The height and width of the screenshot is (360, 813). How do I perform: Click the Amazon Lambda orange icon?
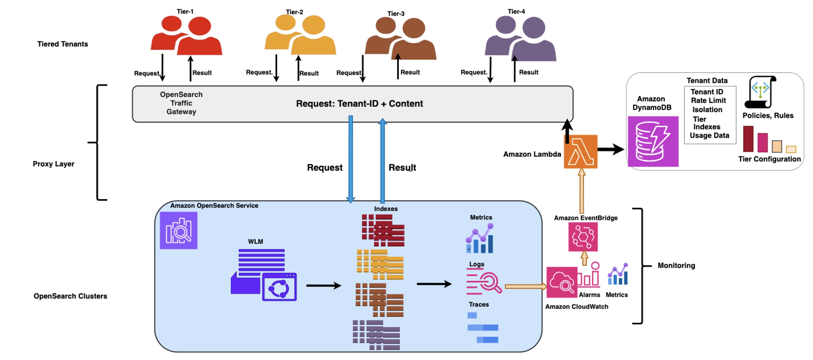[580, 152]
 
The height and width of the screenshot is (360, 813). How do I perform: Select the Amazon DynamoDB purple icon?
[653, 141]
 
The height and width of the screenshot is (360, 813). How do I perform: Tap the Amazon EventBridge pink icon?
[583, 237]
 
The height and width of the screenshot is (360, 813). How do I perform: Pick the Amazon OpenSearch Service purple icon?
[178, 230]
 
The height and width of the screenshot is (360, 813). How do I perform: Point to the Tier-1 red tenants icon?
[186, 36]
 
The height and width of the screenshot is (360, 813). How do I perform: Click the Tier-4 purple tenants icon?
[520, 39]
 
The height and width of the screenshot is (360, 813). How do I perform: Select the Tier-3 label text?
[396, 13]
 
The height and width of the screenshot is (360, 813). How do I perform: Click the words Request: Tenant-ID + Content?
[359, 103]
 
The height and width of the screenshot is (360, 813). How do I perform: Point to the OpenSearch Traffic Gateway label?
[181, 103]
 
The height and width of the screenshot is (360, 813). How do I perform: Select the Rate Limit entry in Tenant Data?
[708, 100]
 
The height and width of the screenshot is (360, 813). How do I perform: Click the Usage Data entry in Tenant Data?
[709, 135]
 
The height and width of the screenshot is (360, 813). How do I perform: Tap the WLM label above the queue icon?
[255, 241]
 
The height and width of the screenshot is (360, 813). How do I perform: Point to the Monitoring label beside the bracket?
[676, 265]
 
